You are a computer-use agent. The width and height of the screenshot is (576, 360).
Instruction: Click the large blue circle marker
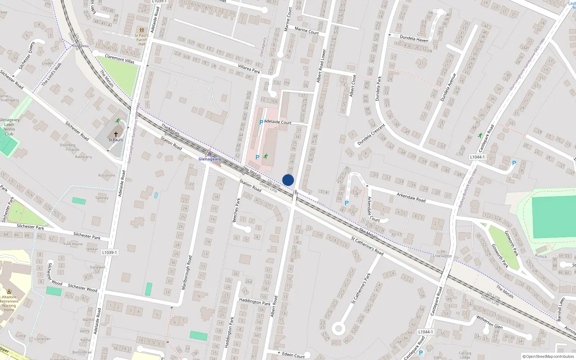tap(288, 180)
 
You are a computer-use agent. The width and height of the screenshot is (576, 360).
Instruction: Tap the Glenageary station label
tap(210, 159)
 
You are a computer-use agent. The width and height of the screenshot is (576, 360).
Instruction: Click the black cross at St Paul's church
tap(116, 134)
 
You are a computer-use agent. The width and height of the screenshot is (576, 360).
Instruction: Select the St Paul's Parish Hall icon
tap(142, 30)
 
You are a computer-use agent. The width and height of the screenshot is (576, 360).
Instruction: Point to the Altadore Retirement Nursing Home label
tap(9, 303)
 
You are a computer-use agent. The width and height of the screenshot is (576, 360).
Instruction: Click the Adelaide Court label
tap(278, 122)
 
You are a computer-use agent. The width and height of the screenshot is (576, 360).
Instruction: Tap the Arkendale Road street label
tap(411, 197)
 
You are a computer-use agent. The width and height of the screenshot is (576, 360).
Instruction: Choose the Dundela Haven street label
tap(414, 39)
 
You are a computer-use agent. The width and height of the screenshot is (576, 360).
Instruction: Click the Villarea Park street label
tap(249, 69)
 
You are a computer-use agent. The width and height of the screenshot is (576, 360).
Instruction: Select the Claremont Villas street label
tap(120, 59)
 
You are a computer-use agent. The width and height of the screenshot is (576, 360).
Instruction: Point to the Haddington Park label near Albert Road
tap(255, 302)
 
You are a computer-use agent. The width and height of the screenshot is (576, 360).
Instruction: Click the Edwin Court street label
tap(293, 355)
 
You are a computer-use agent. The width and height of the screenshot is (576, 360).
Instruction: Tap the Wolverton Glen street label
tap(489, 322)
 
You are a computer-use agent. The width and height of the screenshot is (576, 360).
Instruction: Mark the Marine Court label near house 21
tap(306, 31)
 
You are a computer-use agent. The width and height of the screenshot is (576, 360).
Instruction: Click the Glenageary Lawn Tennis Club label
tap(9, 127)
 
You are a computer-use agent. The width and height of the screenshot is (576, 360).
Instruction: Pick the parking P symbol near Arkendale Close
tap(347, 203)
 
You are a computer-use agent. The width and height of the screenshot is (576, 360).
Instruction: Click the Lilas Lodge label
tap(442, 256)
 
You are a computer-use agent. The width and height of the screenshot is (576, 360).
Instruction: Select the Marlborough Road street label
tap(187, 273)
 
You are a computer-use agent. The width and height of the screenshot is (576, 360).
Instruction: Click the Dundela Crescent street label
tap(371, 135)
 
